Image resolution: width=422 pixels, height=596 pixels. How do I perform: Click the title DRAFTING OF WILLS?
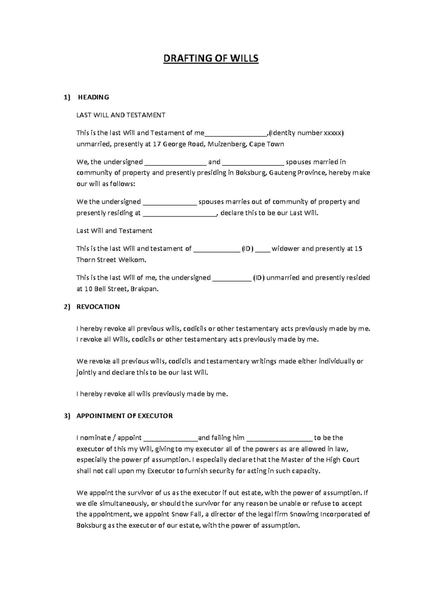pyautogui.click(x=211, y=58)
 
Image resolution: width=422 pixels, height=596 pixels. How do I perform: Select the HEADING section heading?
pyautogui.click(x=93, y=97)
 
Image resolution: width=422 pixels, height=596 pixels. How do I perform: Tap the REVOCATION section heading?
pyautogui.click(x=98, y=307)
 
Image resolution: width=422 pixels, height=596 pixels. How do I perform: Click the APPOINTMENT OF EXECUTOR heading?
pyautogui.click(x=124, y=416)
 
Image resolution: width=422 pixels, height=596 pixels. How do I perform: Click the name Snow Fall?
pyautogui.click(x=186, y=514)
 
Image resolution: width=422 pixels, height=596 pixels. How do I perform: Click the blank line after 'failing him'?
pyautogui.click(x=279, y=439)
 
